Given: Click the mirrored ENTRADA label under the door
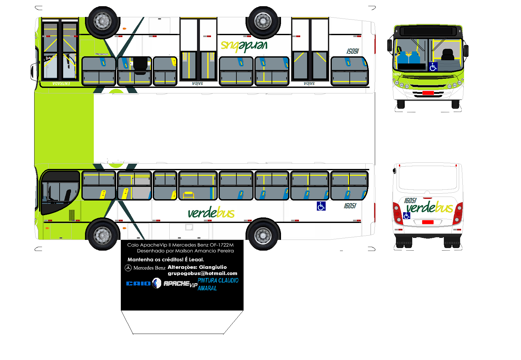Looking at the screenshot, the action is pos(61,84).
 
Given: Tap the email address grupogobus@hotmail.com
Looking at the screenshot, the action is pos(202,273).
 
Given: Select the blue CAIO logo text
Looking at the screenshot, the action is pos(138,284).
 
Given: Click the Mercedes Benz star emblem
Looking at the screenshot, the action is pos(128,268).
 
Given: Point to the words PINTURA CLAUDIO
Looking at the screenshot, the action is pos(218,281).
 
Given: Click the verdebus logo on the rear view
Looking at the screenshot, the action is pos(429,207).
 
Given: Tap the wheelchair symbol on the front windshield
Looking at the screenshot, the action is pos(433,67).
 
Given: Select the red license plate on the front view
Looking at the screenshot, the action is pos(428,93).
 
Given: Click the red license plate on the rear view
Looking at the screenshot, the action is pos(428,222).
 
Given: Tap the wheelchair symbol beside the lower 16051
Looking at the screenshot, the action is pos(321,206).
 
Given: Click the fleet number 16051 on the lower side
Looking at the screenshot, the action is pos(350,206).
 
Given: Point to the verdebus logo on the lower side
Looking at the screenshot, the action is pos(211,213).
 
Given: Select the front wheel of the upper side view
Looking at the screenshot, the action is pos(103,21).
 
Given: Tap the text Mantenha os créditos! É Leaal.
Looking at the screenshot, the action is pos(165,259).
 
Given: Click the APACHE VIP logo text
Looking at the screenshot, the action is pos(180,284).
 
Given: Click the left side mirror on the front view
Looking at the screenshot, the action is pos(389,45).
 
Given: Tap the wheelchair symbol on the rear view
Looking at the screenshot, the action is pos(406,215).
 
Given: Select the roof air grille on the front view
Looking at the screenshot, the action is pos(428,31).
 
